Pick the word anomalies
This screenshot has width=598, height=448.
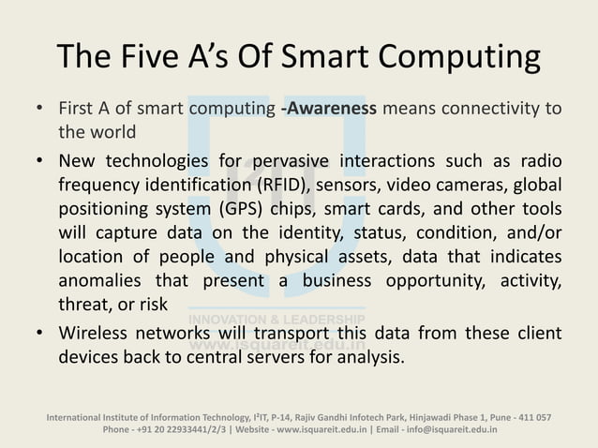98,280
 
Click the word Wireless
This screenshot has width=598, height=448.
97,334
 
